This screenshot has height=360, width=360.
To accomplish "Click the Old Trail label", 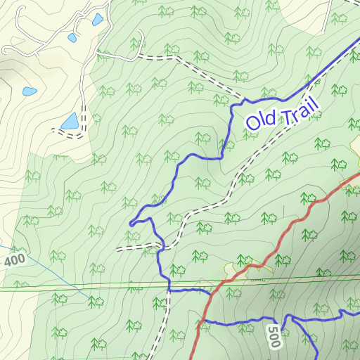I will coord(282,112).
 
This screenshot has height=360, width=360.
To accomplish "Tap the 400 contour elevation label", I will coord(15,261).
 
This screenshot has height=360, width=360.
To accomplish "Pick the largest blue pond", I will coord(70,122).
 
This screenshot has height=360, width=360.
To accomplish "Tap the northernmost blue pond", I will coord(97,20).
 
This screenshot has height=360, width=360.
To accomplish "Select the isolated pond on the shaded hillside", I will coord(30,91).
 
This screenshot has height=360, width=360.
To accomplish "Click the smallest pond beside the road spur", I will coord(72,37).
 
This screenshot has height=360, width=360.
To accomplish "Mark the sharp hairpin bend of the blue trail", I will coord(131,224).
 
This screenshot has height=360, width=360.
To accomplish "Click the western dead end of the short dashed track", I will coord(118,249).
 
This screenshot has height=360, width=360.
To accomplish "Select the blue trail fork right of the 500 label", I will coord(293,321).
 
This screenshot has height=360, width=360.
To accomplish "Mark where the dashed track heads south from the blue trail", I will coord(169,290).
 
